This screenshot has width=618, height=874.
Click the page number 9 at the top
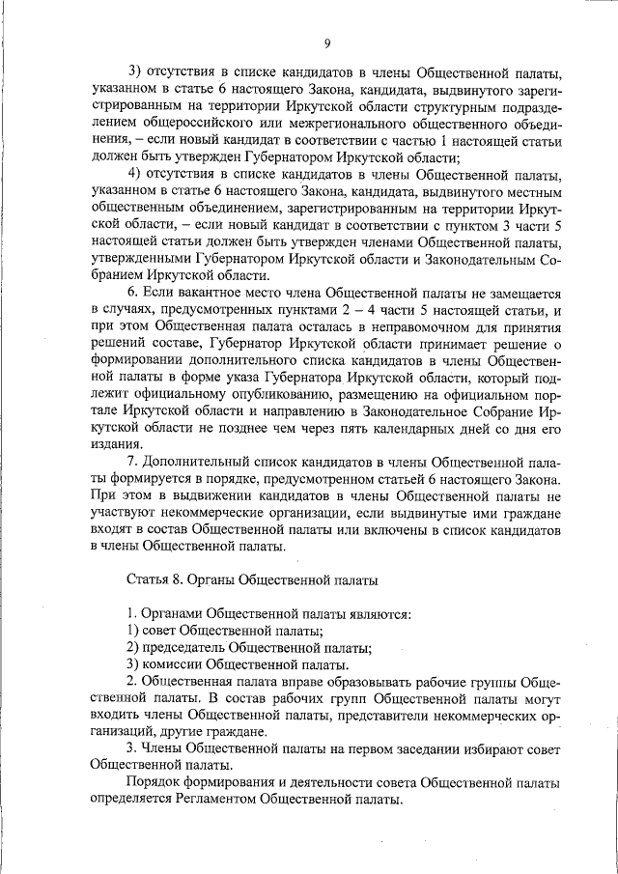tap(327, 43)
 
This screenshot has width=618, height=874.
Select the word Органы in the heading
tap(230, 580)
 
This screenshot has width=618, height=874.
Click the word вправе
tap(275, 681)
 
